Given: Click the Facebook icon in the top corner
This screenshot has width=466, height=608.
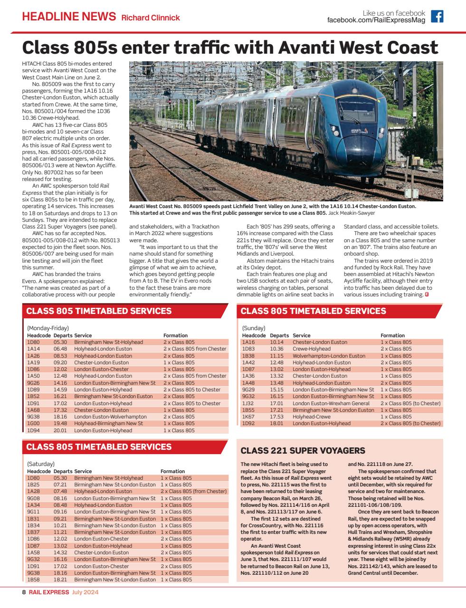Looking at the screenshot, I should (x=437, y=17).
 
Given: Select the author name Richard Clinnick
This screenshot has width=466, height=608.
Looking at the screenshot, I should (x=151, y=18).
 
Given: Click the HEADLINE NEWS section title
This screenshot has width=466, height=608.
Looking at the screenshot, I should (x=69, y=17).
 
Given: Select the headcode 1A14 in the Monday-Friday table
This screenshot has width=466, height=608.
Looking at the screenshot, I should (x=33, y=349).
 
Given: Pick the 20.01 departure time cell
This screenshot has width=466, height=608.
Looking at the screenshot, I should (x=60, y=430).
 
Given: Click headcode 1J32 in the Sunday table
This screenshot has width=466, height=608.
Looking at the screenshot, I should (x=248, y=403).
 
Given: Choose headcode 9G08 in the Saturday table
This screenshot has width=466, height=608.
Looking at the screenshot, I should (x=33, y=498).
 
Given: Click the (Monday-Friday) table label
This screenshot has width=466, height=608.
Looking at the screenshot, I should (x=48, y=328).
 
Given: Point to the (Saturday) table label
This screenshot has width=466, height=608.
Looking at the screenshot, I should (x=41, y=464).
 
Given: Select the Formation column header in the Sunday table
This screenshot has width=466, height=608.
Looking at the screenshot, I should (x=392, y=335).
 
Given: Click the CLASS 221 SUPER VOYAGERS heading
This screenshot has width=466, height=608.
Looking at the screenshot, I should (x=303, y=450).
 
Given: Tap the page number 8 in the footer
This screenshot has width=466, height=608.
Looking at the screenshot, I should (x=24, y=593).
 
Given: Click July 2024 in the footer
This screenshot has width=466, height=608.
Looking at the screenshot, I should (x=85, y=593).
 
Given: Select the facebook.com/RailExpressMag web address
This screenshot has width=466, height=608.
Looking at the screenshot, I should (x=376, y=20).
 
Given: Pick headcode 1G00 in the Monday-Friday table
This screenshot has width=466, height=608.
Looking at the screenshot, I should (x=33, y=423).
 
